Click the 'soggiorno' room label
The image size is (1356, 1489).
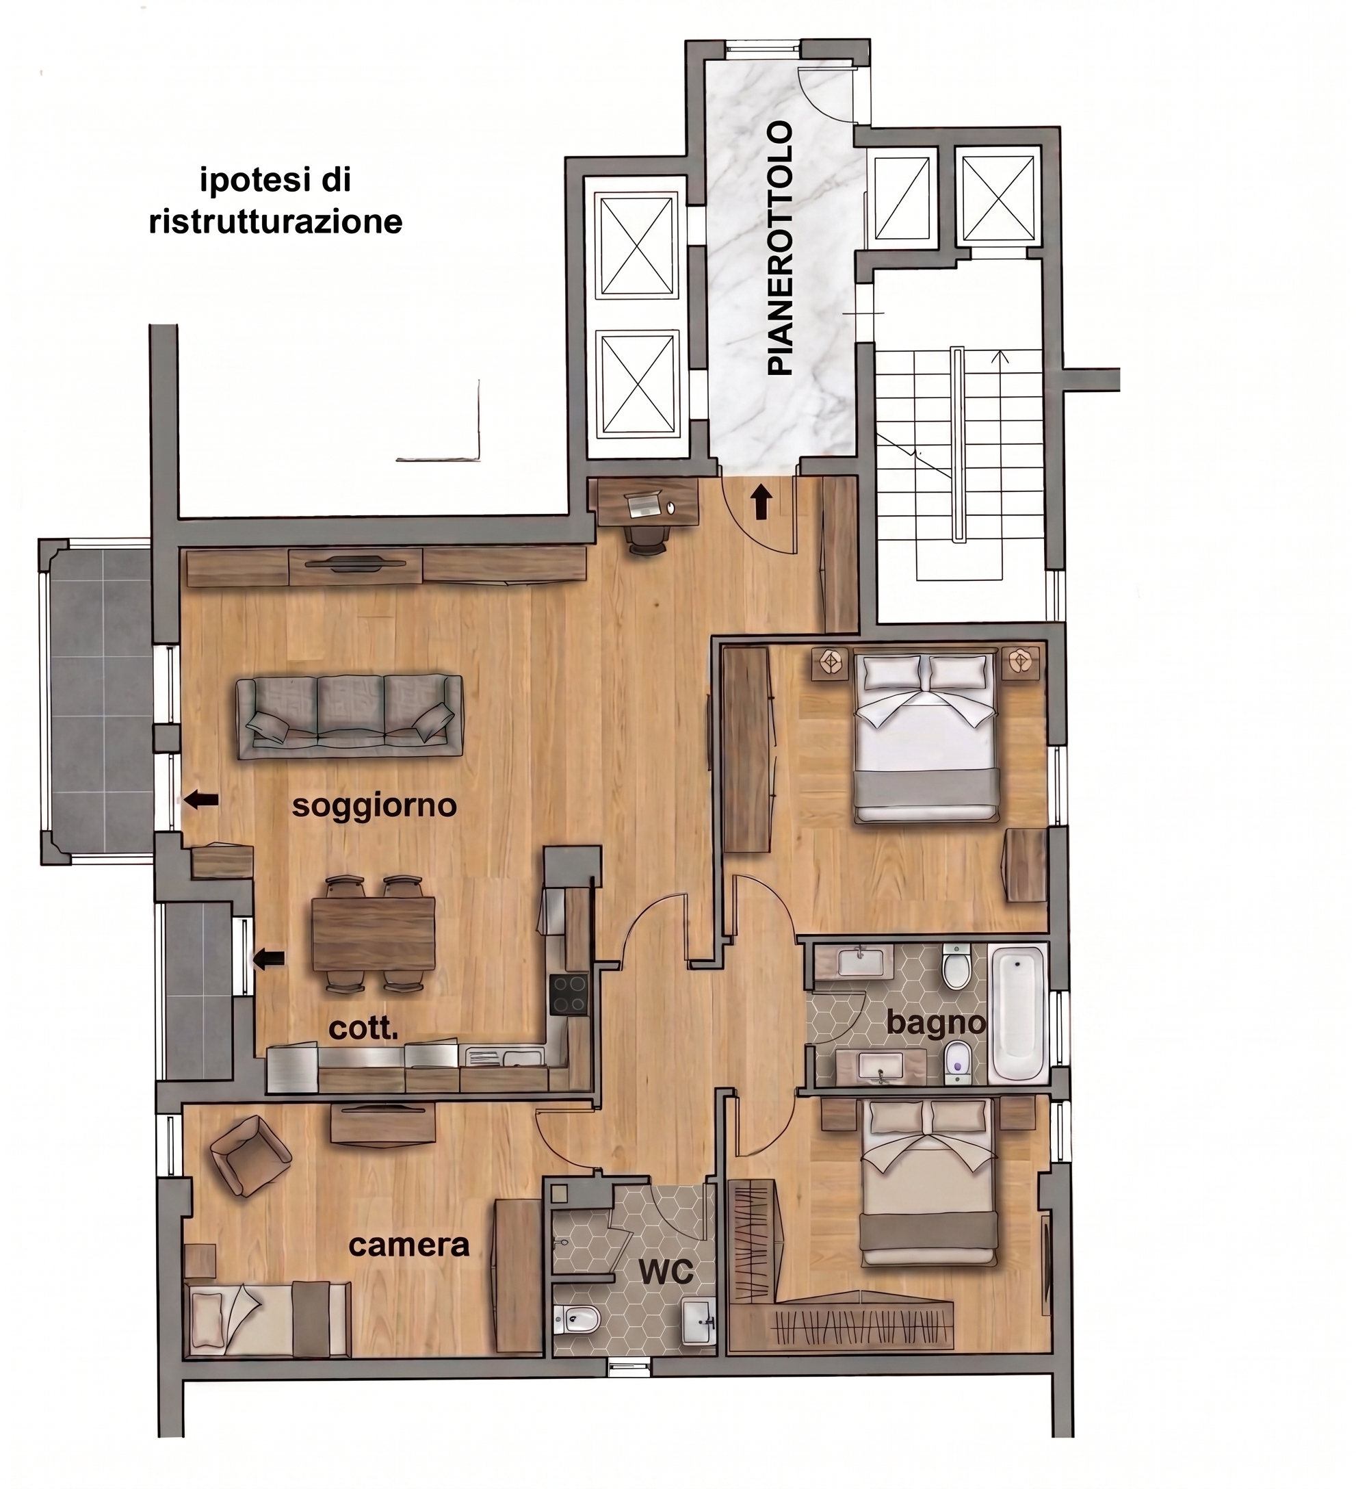374,806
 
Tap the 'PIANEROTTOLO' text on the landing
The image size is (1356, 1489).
780,249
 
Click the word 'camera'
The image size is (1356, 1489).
408,1245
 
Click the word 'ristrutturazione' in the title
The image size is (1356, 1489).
276,222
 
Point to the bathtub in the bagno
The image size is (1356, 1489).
1018,1013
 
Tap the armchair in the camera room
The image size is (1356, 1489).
249,1156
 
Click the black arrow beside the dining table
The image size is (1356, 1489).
269,960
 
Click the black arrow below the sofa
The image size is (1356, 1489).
200,799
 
